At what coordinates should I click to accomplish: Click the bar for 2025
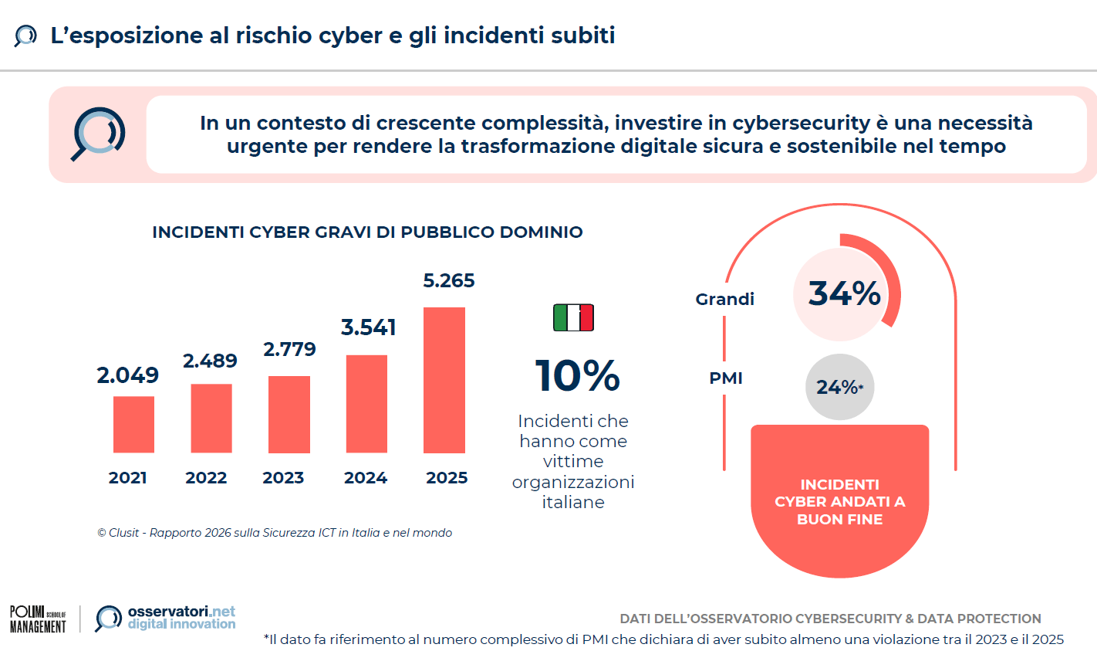click(x=444, y=380)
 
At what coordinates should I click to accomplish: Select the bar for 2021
click(x=133, y=424)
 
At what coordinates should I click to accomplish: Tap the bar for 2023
click(x=289, y=414)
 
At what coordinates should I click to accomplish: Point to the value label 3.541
click(x=368, y=327)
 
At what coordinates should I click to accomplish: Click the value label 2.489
click(x=210, y=361)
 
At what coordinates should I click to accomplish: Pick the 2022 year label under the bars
click(x=206, y=478)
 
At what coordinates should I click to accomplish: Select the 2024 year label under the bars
click(x=366, y=478)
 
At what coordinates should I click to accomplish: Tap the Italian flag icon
click(x=573, y=317)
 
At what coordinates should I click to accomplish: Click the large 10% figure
click(x=577, y=376)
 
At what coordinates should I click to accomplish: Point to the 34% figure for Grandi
click(x=844, y=293)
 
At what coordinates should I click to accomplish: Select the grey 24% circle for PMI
click(x=839, y=387)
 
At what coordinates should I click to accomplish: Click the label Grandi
click(x=724, y=300)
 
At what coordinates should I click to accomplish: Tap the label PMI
click(x=726, y=378)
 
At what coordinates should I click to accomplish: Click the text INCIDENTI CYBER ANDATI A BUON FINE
click(x=839, y=502)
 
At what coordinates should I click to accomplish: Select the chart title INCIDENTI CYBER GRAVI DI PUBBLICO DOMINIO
click(x=367, y=232)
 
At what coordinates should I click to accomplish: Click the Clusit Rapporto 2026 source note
click(x=275, y=533)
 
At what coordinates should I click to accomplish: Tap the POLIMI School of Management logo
click(x=38, y=619)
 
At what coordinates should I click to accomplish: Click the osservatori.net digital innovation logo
click(x=166, y=618)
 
